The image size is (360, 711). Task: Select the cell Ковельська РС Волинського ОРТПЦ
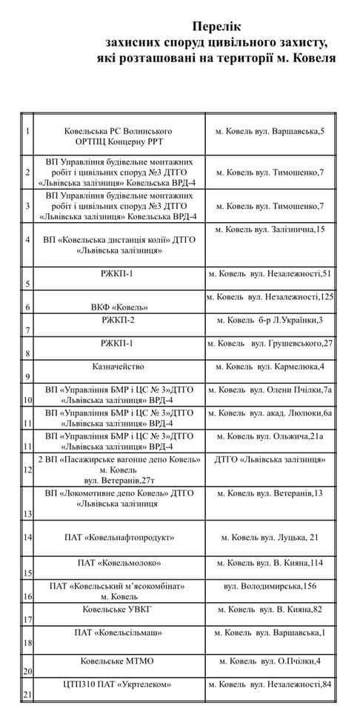coord(119,136)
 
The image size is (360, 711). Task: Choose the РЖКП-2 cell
coord(119,320)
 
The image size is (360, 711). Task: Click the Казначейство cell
coord(119,367)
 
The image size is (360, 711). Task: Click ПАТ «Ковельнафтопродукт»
coord(119,537)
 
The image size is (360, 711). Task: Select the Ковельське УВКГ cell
coord(119,609)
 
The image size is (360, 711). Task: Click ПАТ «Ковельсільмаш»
coord(119,632)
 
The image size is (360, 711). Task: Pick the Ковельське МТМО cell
coord(119,660)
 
